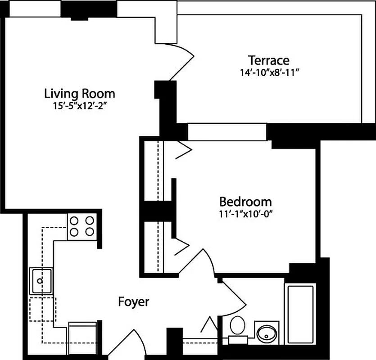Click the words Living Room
coord(80,94)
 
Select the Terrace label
coord(269,60)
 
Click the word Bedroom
coord(245,201)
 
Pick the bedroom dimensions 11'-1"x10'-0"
coord(245,213)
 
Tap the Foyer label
coord(133,301)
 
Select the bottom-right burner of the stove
coord(90,232)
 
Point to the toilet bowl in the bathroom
coord(237,324)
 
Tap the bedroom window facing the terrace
coord(227,132)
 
